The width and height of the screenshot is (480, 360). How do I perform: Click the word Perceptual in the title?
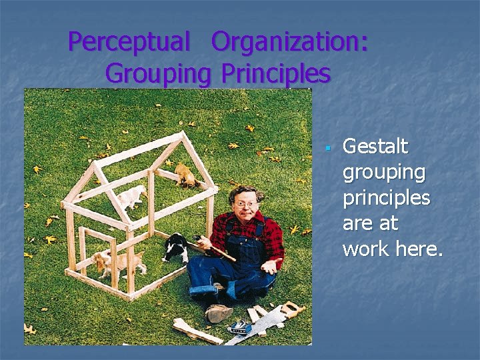(129, 42)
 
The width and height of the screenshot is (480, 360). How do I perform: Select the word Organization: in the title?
(289, 42)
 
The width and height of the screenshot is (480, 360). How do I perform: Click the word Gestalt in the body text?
(375, 146)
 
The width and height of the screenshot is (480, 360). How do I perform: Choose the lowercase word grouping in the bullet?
(383, 173)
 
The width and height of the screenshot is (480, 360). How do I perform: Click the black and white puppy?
(175, 249)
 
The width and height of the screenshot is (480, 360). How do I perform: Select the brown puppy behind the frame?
(187, 175)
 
